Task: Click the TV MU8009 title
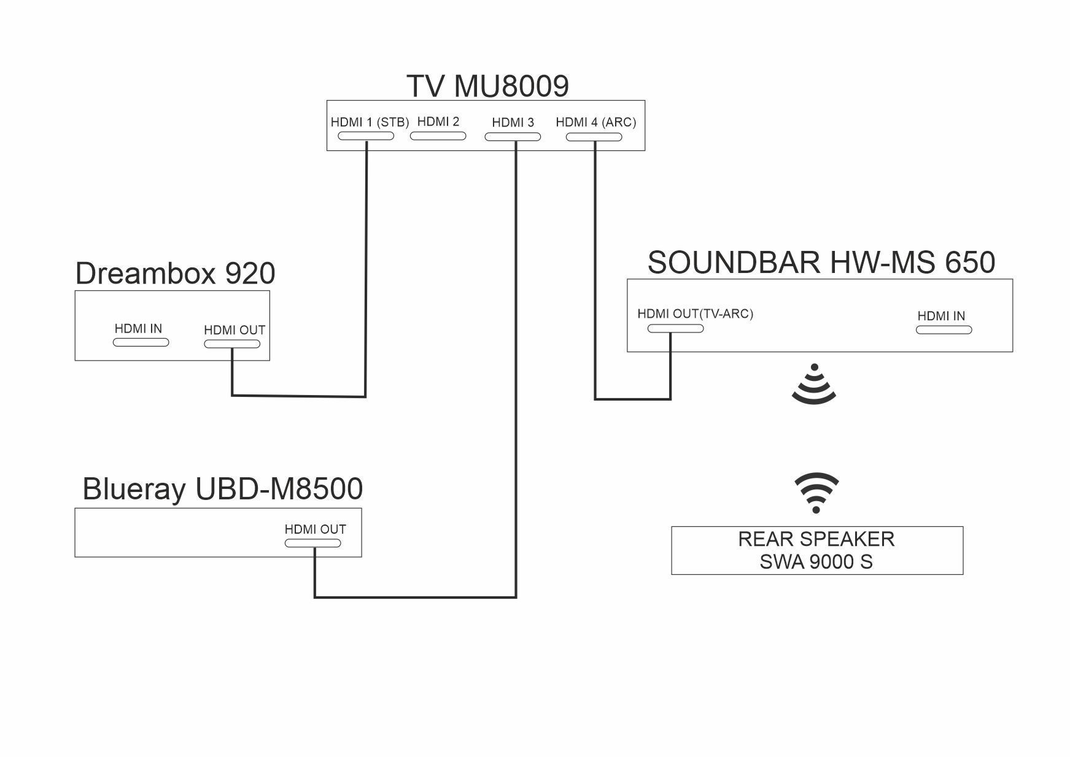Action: (x=487, y=86)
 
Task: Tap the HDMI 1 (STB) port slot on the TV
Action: (x=366, y=136)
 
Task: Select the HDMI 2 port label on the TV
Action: (x=438, y=121)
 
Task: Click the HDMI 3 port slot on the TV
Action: (x=513, y=137)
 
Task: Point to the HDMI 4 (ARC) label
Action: (x=595, y=122)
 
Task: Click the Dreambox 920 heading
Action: (x=175, y=274)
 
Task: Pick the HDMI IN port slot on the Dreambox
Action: (x=141, y=342)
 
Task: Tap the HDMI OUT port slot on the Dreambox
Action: (x=232, y=344)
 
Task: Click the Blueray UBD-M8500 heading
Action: (x=222, y=490)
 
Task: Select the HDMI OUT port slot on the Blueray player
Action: (x=312, y=543)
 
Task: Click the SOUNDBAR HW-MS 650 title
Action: (x=821, y=263)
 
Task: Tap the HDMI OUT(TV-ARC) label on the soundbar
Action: (x=695, y=314)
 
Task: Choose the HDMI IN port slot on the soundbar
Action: (x=944, y=330)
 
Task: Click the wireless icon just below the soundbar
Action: (x=814, y=385)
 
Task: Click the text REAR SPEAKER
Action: (x=816, y=539)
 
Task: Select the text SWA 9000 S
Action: (x=816, y=562)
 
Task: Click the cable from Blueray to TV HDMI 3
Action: (x=516, y=368)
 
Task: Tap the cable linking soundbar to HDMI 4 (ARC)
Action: (x=595, y=276)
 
